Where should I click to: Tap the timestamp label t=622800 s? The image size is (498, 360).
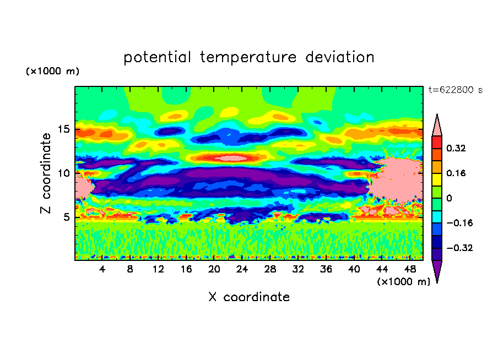point(455,90)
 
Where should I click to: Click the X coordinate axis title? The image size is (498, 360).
point(249,297)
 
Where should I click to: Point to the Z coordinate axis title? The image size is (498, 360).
point(46,173)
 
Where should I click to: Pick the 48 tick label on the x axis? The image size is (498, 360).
point(410,269)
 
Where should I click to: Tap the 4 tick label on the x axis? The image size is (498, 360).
point(102,269)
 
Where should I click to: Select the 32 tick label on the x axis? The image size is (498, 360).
point(298,269)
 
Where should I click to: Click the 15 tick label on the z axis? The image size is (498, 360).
point(64,129)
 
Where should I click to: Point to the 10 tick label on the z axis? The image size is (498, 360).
point(64,173)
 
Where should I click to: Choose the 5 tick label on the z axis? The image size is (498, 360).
point(67,217)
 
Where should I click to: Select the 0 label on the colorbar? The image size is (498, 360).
point(449,198)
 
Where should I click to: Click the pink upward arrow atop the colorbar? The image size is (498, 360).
point(437,126)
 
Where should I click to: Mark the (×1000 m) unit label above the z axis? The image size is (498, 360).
point(53,72)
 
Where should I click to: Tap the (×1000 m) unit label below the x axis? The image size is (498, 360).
point(403,282)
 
